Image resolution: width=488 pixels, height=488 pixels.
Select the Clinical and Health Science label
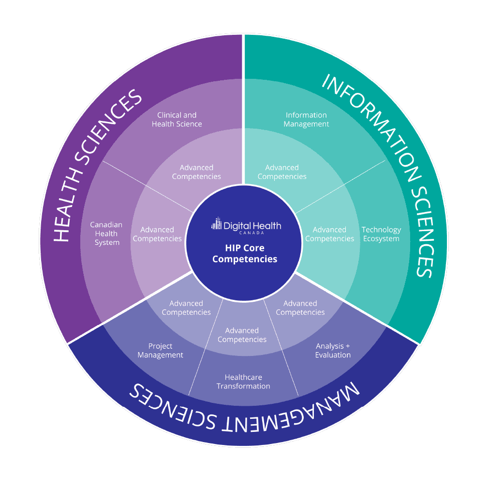(x=177, y=119)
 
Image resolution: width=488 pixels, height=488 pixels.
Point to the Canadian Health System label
(x=106, y=234)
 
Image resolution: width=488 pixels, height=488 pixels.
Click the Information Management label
(x=306, y=119)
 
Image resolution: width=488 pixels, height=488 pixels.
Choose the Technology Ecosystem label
(x=381, y=234)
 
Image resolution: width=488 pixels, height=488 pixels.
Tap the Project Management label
(x=160, y=351)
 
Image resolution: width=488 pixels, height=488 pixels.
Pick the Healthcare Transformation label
(x=243, y=382)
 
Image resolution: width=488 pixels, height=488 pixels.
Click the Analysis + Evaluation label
(x=333, y=351)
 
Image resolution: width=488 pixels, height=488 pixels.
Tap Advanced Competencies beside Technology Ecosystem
(x=329, y=234)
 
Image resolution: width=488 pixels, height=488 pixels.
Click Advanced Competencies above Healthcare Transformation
(x=242, y=335)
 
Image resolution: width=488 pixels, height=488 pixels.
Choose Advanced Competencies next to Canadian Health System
(x=157, y=234)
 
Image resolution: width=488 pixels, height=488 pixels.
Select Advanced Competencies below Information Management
(x=282, y=172)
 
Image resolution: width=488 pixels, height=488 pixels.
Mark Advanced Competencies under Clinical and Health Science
(x=196, y=172)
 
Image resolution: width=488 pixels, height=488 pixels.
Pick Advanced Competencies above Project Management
(x=186, y=308)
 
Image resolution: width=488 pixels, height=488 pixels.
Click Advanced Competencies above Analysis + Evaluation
(x=300, y=308)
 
